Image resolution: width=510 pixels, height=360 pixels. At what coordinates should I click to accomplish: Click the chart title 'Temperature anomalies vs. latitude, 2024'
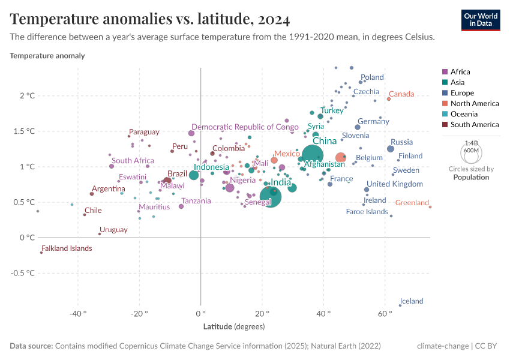point(150,19)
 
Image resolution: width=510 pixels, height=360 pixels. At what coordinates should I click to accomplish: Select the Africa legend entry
point(460,71)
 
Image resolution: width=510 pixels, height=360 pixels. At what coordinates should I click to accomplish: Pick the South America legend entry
point(474,125)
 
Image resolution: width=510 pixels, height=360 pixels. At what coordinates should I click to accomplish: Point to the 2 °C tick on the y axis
point(28,96)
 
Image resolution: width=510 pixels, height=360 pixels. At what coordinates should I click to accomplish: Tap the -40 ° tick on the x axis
point(77,314)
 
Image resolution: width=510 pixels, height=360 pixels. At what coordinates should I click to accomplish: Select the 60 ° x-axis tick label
point(385,314)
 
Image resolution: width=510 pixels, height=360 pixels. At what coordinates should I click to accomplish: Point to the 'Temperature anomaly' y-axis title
point(47,56)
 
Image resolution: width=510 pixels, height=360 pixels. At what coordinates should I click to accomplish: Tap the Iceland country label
point(412,301)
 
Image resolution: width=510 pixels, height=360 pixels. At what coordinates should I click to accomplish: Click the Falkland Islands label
point(66,248)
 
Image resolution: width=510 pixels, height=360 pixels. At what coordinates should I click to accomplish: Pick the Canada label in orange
point(401,94)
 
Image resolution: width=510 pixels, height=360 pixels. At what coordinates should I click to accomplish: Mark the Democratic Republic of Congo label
point(245,127)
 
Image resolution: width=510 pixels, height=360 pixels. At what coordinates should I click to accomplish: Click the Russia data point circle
point(391,149)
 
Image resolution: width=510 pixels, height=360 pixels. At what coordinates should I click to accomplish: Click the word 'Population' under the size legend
point(471,178)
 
